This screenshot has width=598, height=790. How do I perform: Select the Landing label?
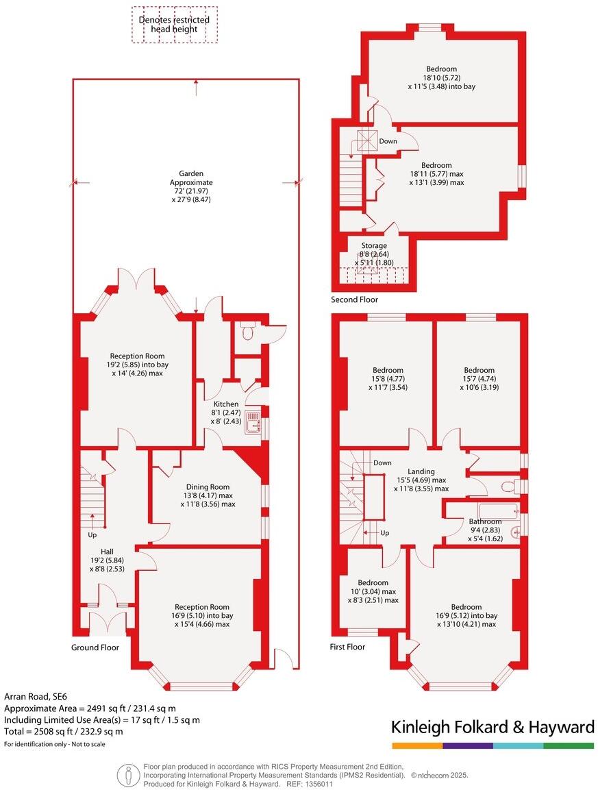pos(421,471)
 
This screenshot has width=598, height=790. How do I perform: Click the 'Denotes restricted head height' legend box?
pos(174,25)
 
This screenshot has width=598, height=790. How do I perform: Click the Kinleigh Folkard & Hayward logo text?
pos(492,727)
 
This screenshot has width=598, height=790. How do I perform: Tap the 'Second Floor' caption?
pos(354,299)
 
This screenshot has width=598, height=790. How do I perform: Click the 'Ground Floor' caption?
pos(95,647)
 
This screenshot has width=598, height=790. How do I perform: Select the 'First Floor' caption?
pos(347,647)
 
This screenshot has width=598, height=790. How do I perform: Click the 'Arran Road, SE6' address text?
pos(36,695)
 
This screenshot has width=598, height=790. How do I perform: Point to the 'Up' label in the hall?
pos(91,534)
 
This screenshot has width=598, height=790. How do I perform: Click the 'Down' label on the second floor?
pos(388,141)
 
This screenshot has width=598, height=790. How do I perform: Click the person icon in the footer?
pos(127,775)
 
